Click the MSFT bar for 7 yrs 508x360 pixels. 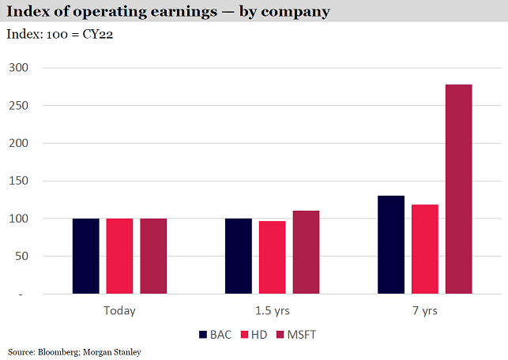[458, 189]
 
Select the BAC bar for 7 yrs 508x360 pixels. [390, 245]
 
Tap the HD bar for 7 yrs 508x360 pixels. [424, 249]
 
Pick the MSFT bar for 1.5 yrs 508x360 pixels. [306, 253]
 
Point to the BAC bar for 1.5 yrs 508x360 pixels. [238, 256]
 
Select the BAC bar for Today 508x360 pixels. [85, 256]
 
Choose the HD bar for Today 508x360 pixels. [119, 256]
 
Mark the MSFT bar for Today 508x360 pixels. [153, 256]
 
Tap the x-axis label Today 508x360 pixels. [119, 310]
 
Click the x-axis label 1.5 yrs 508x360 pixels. [272, 310]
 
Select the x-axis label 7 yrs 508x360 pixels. [424, 310]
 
